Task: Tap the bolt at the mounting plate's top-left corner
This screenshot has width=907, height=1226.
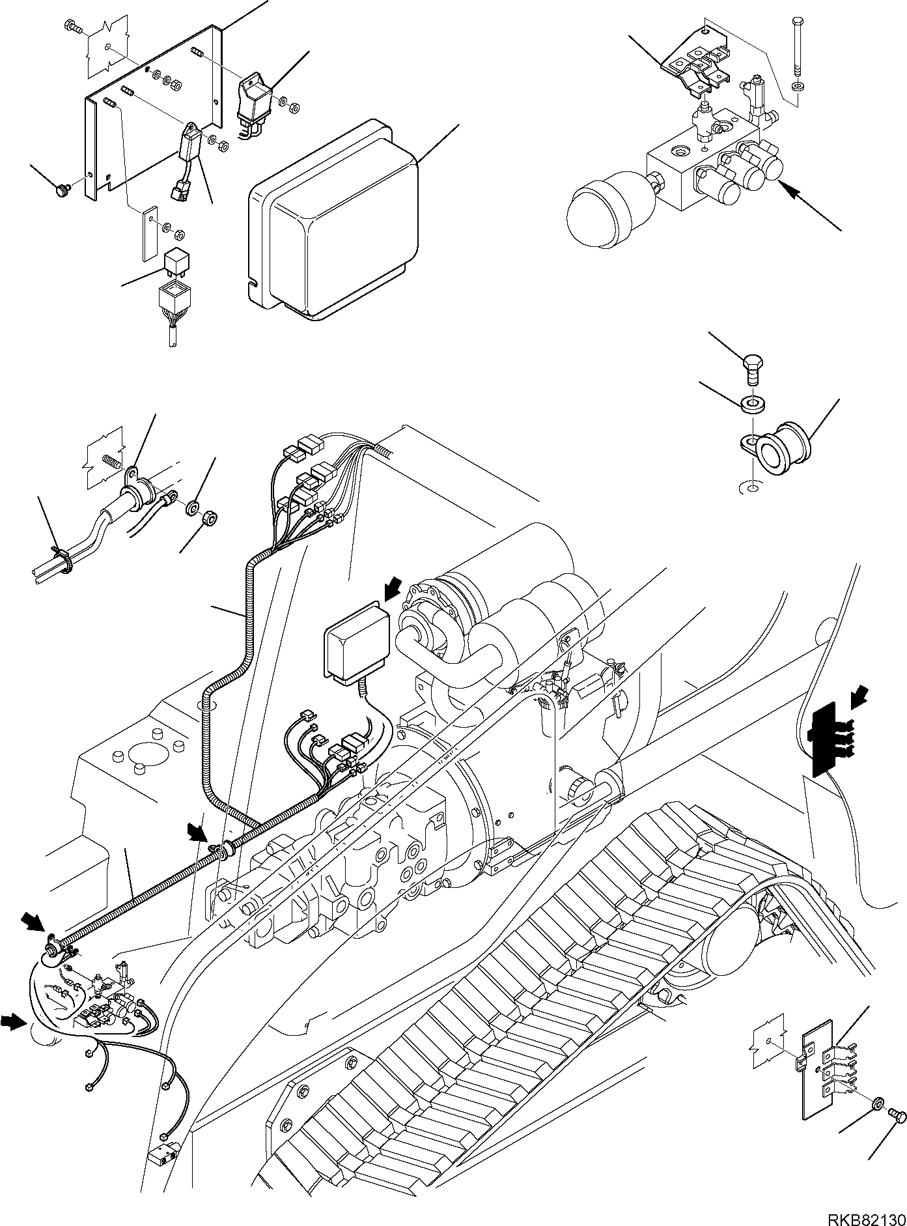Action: [72, 27]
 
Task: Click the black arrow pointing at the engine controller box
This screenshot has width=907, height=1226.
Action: [393, 590]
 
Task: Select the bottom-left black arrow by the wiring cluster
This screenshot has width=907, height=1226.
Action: [15, 1040]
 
